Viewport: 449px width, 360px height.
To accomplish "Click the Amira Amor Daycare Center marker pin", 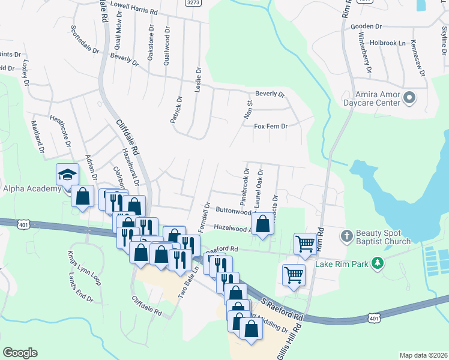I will pyautogui.click(x=410, y=97).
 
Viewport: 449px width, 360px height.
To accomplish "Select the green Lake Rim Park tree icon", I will pyautogui.click(x=378, y=262).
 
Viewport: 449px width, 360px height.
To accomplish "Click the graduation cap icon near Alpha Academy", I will pyautogui.click(x=67, y=175).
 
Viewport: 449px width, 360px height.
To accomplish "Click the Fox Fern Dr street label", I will pyautogui.click(x=271, y=127).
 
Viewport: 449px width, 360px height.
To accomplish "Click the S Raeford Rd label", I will pyautogui.click(x=281, y=307).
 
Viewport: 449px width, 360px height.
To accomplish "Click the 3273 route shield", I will pyautogui.click(x=193, y=3).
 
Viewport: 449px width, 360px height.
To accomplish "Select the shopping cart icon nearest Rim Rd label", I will pyautogui.click(x=305, y=244).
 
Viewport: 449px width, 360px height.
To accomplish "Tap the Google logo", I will pyautogui.click(x=20, y=353).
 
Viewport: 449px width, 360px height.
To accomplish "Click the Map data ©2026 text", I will pyautogui.click(x=423, y=355).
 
